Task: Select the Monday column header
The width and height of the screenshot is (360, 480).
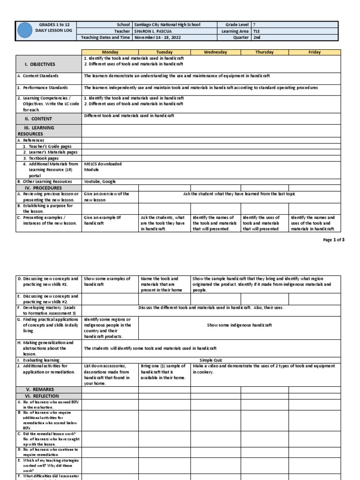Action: (110, 52)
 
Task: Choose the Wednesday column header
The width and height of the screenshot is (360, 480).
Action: (216, 52)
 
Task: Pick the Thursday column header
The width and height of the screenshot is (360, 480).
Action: (264, 52)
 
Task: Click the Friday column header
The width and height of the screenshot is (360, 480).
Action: (315, 52)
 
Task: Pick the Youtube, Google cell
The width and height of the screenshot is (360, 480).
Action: (100, 181)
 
